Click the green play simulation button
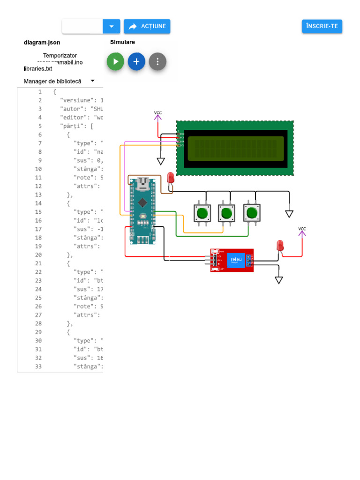115,61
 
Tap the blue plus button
136,61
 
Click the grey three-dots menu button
157,61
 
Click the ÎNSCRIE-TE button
322,26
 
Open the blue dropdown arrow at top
112,26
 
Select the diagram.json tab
42,42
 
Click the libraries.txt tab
38,68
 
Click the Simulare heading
122,42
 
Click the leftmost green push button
202,213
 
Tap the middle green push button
227,213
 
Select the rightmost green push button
252,213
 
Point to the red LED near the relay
280,245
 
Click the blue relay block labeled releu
235,260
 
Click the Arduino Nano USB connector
142,182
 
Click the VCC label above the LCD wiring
157,113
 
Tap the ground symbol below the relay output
279,280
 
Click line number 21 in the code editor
40,263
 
